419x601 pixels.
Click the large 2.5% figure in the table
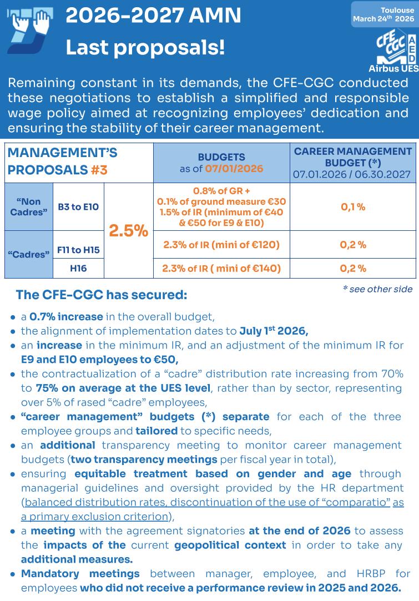129,231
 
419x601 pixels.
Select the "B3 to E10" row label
78,207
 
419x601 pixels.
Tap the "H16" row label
78,269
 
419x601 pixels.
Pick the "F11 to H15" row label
78,250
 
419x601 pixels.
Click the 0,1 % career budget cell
353,207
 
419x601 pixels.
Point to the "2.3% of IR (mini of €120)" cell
221,245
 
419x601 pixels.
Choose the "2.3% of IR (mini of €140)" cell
221,269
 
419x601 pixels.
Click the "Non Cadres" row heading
29,207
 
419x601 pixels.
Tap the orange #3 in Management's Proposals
99,170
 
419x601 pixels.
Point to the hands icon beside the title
31,29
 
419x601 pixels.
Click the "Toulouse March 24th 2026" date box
383,14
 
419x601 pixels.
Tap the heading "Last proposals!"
145,48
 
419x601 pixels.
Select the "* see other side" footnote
377,289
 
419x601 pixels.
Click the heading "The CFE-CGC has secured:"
102,295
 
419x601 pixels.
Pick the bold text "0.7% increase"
66,317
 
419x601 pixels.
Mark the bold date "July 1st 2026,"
274,331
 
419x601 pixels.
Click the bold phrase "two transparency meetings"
144,459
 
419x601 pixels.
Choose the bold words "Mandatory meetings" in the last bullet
80,573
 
